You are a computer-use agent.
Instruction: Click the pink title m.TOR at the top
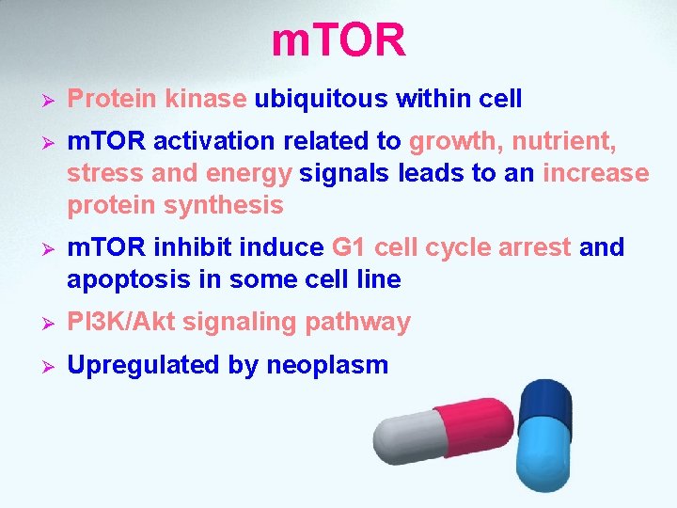(338, 40)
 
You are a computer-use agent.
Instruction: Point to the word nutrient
(562, 142)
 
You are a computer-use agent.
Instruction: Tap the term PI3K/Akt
(121, 323)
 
